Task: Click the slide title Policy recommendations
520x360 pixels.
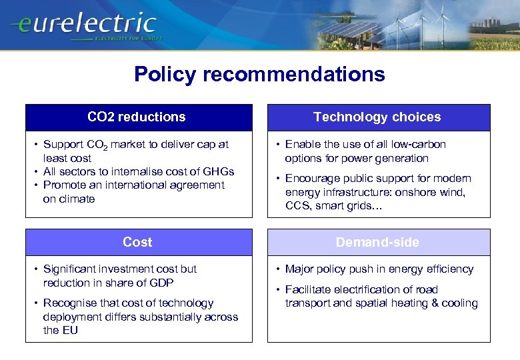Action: tap(259, 74)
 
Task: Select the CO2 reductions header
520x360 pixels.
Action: tap(137, 117)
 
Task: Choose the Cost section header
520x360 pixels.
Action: tap(137, 243)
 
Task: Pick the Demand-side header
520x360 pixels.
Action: tap(377, 243)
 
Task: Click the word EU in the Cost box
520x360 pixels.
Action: tap(69, 330)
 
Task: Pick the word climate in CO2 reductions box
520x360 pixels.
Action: tap(78, 199)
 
